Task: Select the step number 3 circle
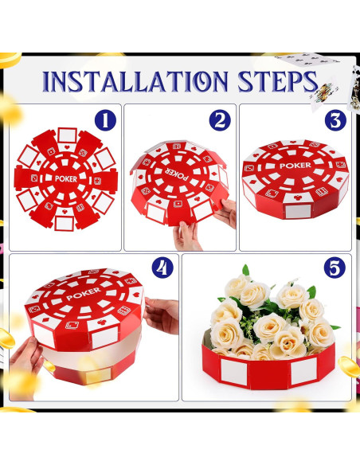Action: [x=333, y=121]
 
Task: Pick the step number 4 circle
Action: [x=162, y=268]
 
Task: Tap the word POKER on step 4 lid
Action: [x=79, y=295]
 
